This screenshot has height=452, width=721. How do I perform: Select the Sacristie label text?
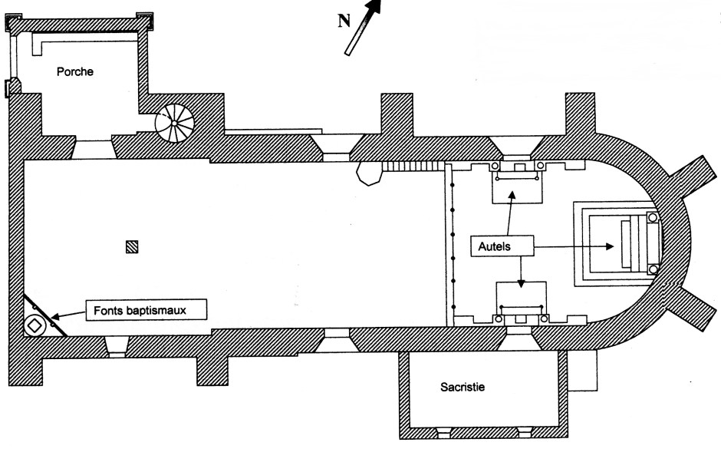coord(463,387)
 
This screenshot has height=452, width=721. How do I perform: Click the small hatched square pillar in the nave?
coord(133,247)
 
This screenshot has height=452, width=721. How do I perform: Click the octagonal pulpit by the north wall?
coord(368,173)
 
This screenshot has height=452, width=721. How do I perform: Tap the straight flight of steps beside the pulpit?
coord(413,166)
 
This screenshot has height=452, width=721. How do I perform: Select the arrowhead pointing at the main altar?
coord(611,247)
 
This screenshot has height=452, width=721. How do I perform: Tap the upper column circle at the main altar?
coord(653,218)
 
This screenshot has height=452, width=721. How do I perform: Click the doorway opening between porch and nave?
coord(93,148)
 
